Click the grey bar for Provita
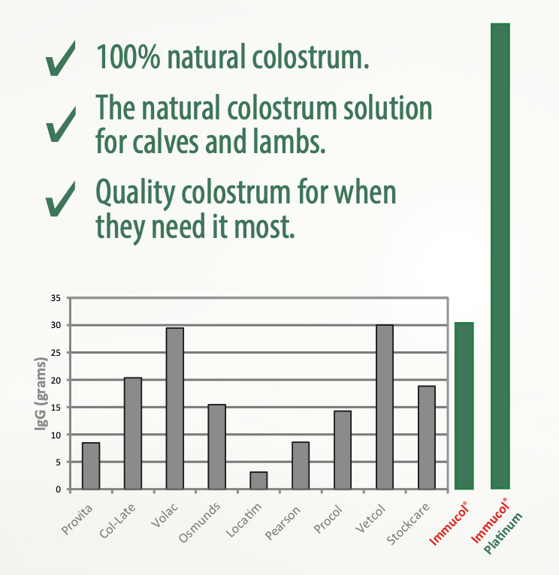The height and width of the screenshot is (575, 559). click(x=91, y=465)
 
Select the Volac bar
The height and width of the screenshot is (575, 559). click(x=175, y=408)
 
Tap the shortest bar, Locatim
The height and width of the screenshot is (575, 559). click(x=258, y=480)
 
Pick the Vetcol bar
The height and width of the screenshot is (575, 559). click(x=385, y=407)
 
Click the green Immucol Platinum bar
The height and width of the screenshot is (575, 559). click(x=500, y=256)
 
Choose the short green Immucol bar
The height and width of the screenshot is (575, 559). click(x=464, y=405)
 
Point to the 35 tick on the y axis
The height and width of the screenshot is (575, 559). click(x=56, y=298)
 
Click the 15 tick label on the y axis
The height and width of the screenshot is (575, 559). click(x=56, y=408)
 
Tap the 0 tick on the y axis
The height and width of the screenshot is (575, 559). click(x=58, y=489)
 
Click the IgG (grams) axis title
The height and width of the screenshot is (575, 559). click(x=41, y=393)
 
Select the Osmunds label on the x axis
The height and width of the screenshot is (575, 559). click(x=200, y=522)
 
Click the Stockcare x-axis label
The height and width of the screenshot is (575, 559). click(x=408, y=524)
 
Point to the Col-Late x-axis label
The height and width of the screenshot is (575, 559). click(x=117, y=521)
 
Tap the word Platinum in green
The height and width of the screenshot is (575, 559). click(x=503, y=534)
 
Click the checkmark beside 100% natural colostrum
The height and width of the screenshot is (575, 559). click(x=60, y=59)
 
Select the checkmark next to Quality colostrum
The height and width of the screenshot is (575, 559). click(x=60, y=198)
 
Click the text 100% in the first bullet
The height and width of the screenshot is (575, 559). click(x=128, y=56)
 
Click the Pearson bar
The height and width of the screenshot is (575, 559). click(x=301, y=465)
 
